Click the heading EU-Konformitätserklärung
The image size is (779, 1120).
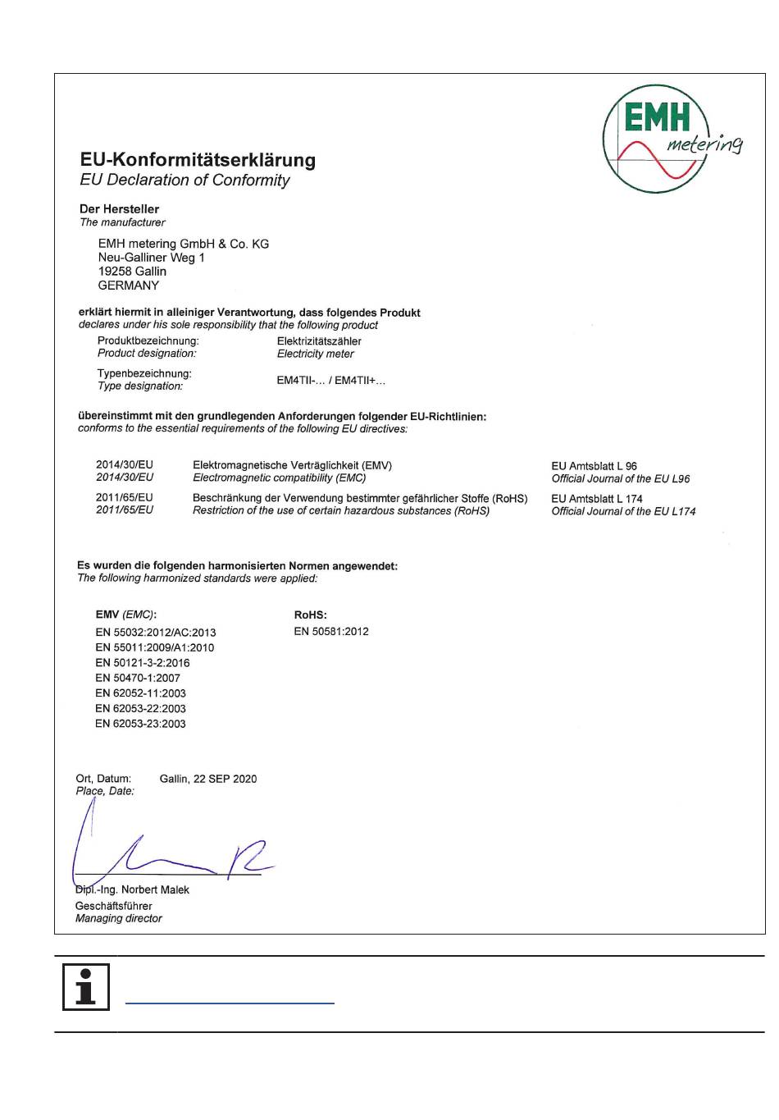198,160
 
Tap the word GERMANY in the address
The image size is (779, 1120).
129,286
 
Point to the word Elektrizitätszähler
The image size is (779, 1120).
319,341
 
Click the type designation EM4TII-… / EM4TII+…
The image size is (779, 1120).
330,381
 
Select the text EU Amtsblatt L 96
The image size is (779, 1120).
594,466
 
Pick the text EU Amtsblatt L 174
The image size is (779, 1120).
597,499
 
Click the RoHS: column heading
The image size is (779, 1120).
310,615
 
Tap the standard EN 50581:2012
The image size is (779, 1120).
331,632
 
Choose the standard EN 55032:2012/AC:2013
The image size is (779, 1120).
156,633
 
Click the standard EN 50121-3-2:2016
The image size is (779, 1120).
143,663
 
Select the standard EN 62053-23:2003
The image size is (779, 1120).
141,724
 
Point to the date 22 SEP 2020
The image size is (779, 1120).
225,779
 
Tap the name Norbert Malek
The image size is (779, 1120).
155,890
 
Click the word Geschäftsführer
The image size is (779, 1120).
114,906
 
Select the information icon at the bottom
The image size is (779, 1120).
85,987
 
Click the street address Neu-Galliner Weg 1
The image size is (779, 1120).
152,258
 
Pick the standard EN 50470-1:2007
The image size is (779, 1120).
138,678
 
